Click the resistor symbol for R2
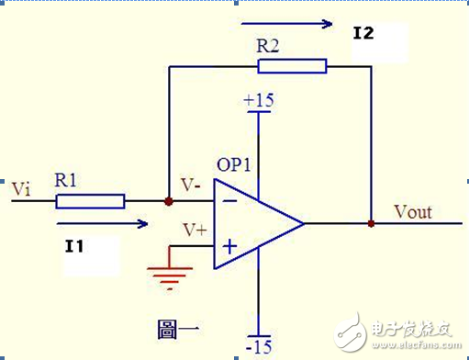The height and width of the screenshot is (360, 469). coord(292,65)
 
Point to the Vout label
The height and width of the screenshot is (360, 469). coord(413,212)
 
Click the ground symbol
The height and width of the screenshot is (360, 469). coord(170,273)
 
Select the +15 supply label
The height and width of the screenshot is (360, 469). coord(259,100)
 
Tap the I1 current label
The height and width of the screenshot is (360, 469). coord(75,245)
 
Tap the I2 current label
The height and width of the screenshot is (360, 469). coord(364,34)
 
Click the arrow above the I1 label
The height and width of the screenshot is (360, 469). coord(100,222)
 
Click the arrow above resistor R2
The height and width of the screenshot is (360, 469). coord(285,23)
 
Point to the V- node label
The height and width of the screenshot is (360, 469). coord(191,185)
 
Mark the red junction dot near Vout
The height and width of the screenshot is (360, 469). coord(370,223)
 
